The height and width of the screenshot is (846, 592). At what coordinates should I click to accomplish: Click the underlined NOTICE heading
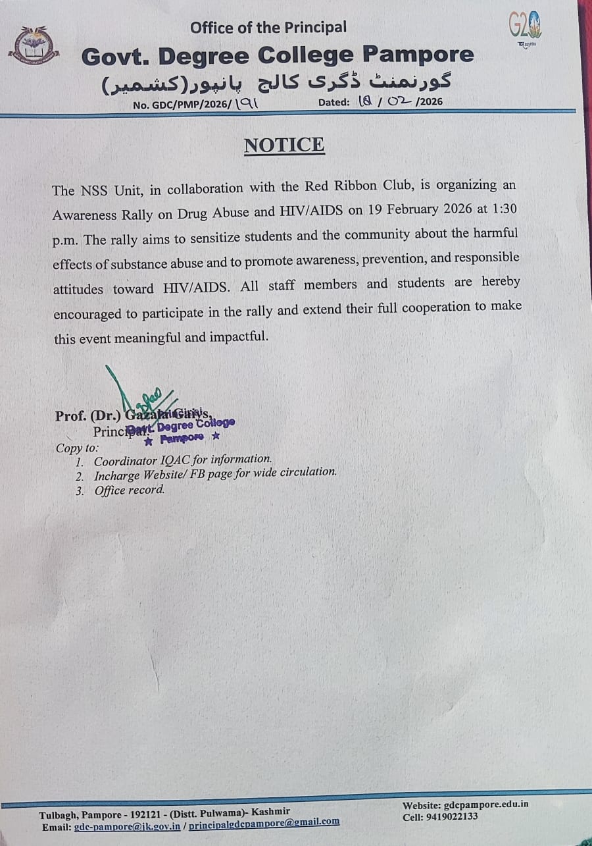point(284,145)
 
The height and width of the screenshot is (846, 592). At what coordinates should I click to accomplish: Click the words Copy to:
point(78,448)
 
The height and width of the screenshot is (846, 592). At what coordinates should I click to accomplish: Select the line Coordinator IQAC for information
point(182,460)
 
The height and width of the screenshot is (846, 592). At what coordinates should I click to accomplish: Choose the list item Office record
point(129,490)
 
